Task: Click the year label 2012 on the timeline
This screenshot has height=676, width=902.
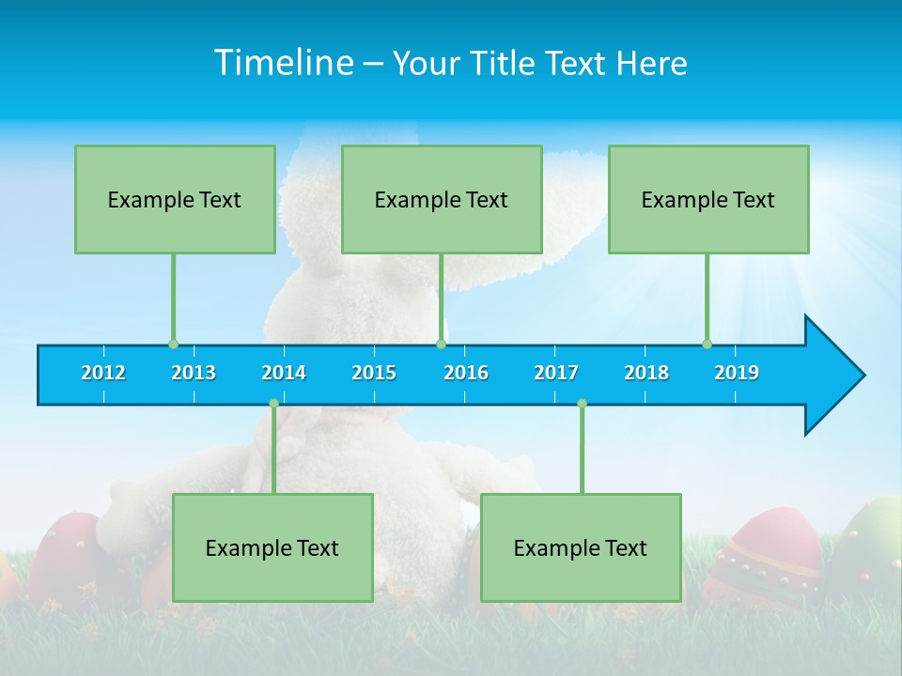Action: pyautogui.click(x=103, y=373)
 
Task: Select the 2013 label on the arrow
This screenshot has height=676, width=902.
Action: pyautogui.click(x=194, y=373)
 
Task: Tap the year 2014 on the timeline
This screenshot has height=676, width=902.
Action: pyautogui.click(x=284, y=373)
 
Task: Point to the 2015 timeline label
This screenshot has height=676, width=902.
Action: pyautogui.click(x=374, y=373)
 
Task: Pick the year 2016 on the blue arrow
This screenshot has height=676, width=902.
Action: pyautogui.click(x=466, y=373)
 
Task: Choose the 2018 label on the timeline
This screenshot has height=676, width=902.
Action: pyautogui.click(x=646, y=373)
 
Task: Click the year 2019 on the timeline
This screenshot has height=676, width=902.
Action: pyautogui.click(x=737, y=373)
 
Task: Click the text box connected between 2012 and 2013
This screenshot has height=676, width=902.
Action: pyautogui.click(x=175, y=199)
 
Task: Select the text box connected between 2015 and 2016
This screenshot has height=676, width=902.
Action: pyautogui.click(x=442, y=199)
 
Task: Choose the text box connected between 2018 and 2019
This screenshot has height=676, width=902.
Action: pyautogui.click(x=708, y=199)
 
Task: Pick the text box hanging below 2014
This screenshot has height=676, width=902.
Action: pyautogui.click(x=272, y=547)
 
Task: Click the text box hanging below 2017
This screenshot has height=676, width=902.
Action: pyautogui.click(x=581, y=547)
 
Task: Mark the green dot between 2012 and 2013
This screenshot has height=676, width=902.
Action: pyautogui.click(x=173, y=344)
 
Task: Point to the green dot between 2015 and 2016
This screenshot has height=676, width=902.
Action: pyautogui.click(x=441, y=344)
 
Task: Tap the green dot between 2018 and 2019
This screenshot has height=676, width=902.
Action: pyautogui.click(x=707, y=344)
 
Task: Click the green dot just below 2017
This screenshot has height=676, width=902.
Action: pyautogui.click(x=582, y=403)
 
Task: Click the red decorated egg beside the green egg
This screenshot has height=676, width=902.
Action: pyautogui.click(x=761, y=559)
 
